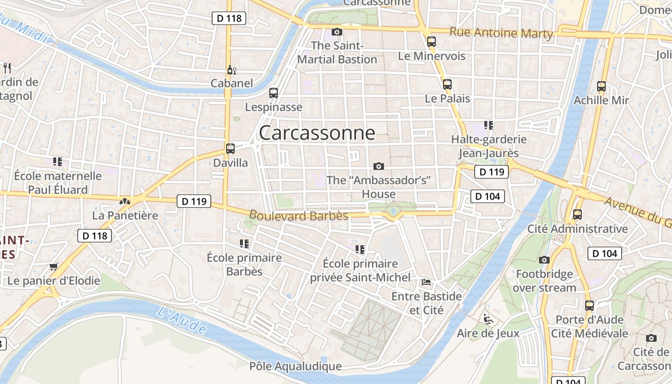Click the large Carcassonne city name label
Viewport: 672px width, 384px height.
point(317,133)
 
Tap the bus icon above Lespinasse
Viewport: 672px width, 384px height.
point(274,93)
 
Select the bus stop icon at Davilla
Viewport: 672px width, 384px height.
point(230,148)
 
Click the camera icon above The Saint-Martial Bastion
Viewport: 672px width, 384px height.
point(337,32)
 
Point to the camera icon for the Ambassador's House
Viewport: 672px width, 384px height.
point(379,166)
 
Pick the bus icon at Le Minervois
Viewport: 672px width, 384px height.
point(432,42)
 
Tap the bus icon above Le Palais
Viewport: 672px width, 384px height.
point(447,84)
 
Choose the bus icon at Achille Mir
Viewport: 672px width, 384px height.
point(601,86)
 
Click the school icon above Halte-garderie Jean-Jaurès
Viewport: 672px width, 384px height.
point(489,125)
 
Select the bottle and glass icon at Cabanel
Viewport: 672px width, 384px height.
point(231,70)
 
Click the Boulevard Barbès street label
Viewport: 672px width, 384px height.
point(299,216)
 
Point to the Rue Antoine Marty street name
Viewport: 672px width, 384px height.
point(501,33)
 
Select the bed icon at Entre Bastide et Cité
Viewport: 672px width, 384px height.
point(426,282)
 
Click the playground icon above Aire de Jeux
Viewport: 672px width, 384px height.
point(488,319)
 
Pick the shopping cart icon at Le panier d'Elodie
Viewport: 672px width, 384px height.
point(54,266)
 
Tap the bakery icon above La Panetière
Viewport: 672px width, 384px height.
point(125,202)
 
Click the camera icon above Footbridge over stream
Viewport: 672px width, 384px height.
point(544,260)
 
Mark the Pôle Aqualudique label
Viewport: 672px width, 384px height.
point(295,366)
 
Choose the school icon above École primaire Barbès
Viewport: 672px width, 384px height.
point(244,244)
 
